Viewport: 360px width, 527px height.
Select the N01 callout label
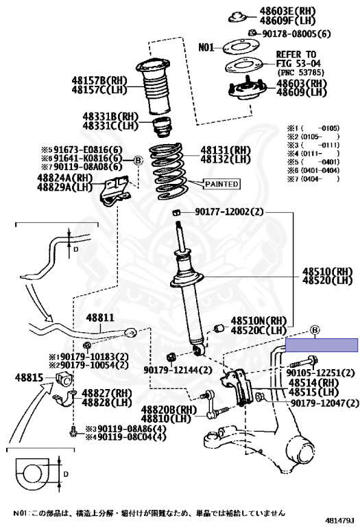click(206, 47)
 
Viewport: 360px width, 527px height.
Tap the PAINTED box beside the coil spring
click(221, 184)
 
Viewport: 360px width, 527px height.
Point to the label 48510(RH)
click(324, 270)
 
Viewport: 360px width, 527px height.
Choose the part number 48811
click(99, 319)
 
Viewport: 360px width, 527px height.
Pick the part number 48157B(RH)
click(99, 80)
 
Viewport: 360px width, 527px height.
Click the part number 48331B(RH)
click(110, 117)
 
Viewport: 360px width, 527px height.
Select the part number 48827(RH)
click(107, 393)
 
